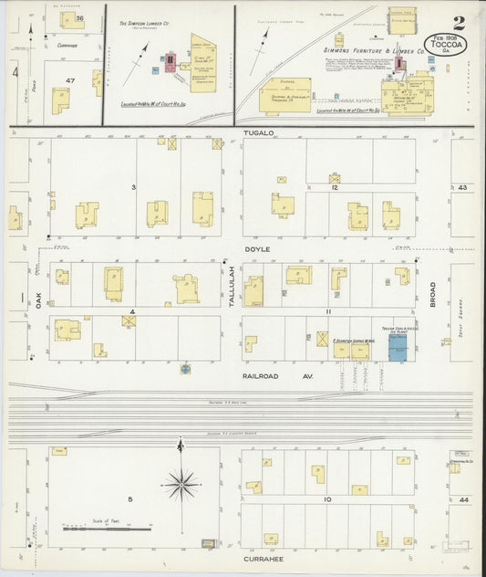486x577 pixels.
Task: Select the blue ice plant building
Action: point(398,348)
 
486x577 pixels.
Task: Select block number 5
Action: point(130,498)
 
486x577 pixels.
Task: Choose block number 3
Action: point(133,187)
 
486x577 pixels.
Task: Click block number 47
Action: point(69,81)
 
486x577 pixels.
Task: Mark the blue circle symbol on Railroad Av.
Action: point(185,369)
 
